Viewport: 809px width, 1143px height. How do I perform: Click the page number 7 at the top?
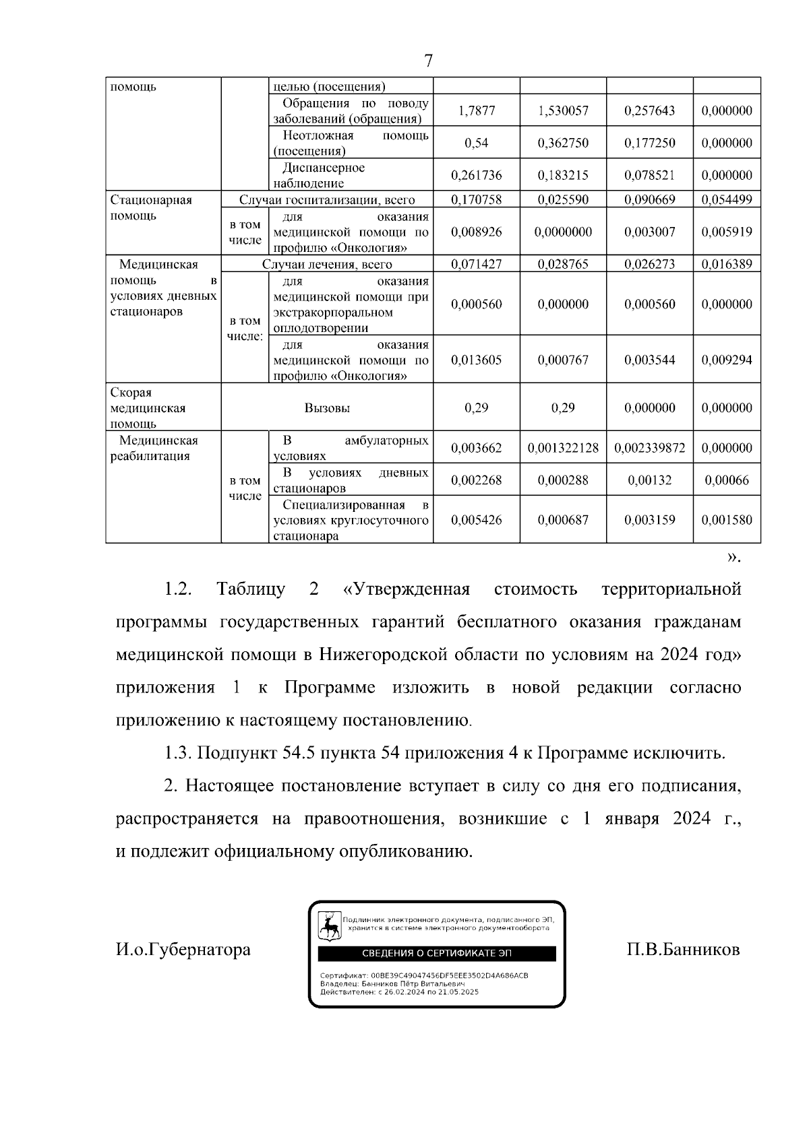pyautogui.click(x=428, y=61)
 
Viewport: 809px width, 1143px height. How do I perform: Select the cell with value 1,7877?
pyautogui.click(x=476, y=111)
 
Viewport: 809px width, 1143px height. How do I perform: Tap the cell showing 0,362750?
pyautogui.click(x=563, y=143)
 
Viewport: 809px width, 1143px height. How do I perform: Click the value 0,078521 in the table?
pyautogui.click(x=649, y=175)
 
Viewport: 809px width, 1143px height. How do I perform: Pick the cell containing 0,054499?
pyautogui.click(x=727, y=200)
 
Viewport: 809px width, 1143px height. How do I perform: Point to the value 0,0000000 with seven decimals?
pyautogui.click(x=563, y=232)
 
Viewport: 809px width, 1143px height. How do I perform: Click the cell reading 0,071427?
pyautogui.click(x=476, y=265)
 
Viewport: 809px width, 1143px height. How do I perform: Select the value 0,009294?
pyautogui.click(x=727, y=360)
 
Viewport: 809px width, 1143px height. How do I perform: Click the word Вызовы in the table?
pyautogui.click(x=327, y=408)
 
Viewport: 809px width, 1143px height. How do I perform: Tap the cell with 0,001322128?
pyautogui.click(x=563, y=448)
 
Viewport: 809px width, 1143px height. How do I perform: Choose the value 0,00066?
pyautogui.click(x=727, y=480)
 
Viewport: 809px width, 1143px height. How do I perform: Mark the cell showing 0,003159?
pyautogui.click(x=649, y=520)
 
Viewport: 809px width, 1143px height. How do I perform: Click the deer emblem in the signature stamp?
pyautogui.click(x=329, y=927)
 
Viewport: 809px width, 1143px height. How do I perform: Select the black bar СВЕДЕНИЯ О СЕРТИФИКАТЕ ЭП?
pyautogui.click(x=437, y=953)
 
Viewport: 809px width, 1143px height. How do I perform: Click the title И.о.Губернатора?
pyautogui.click(x=183, y=950)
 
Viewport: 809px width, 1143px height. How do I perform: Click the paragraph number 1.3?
pyautogui.click(x=178, y=753)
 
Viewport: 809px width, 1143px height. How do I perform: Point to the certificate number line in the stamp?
pyautogui.click(x=424, y=975)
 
